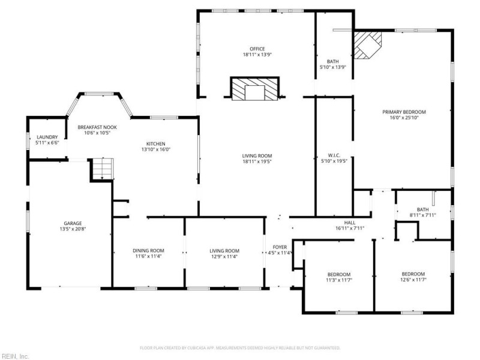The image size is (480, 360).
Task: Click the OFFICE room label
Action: (257, 49)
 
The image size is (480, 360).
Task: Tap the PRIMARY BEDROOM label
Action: (404, 112)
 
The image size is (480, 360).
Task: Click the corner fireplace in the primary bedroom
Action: (367, 45)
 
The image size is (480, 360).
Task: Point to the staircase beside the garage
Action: (101, 168)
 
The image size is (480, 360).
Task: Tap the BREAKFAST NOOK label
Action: (97, 128)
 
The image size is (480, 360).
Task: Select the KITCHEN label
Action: (155, 144)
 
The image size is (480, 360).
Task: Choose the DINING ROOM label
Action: (148, 251)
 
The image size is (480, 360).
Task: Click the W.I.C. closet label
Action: (334, 155)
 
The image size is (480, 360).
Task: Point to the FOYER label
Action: (280, 247)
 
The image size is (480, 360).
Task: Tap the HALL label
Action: (350, 223)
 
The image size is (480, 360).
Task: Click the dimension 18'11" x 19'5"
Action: (257, 161)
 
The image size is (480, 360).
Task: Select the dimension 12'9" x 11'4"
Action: (224, 257)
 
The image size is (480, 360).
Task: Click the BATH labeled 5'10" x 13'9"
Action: (333, 61)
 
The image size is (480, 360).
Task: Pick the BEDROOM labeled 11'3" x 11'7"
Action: (338, 274)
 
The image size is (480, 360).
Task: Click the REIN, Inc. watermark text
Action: (15, 356)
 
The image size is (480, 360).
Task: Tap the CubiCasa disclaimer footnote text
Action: (240, 347)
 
